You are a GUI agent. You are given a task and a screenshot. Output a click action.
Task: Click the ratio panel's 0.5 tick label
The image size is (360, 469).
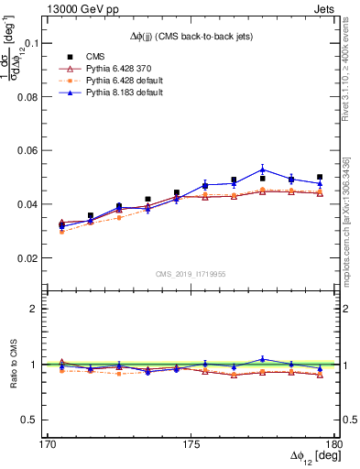(33, 420)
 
